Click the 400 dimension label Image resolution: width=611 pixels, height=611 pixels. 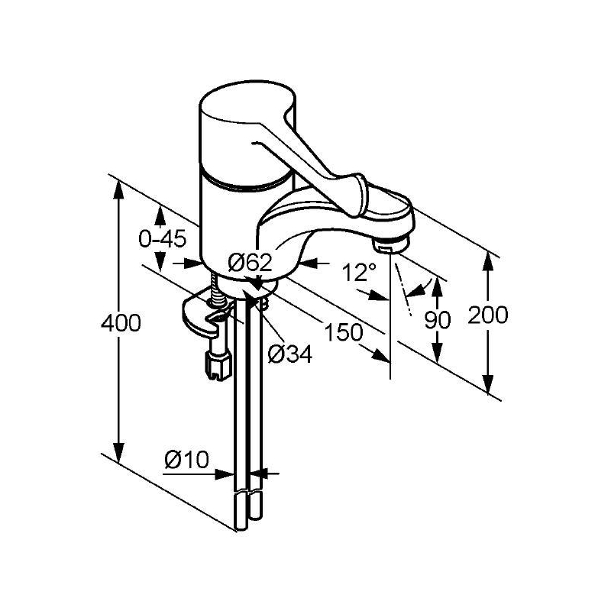click(x=121, y=323)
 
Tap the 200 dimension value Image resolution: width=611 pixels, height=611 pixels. click(x=488, y=315)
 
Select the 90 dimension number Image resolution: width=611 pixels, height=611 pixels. click(x=438, y=320)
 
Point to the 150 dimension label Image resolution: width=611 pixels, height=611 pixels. click(x=344, y=332)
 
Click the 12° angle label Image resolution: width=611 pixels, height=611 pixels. click(x=359, y=272)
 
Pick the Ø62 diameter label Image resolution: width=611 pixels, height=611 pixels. click(x=250, y=262)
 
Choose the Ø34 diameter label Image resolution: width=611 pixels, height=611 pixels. click(x=290, y=354)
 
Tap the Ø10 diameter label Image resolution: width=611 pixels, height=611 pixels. click(x=186, y=460)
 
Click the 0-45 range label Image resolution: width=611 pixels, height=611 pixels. click(x=163, y=238)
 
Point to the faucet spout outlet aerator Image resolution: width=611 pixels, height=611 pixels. click(x=391, y=246)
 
